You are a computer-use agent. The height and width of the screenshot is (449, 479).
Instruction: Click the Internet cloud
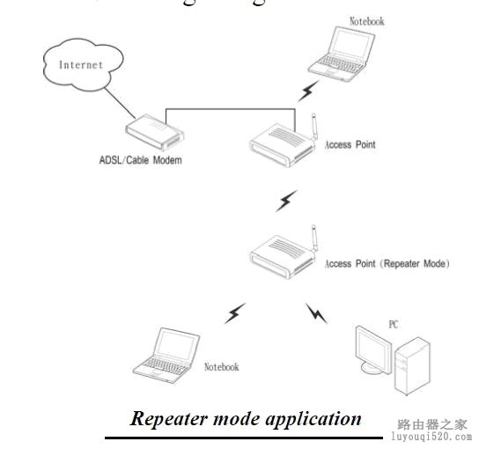pos(81,66)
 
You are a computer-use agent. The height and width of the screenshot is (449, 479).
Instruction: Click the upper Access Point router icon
pos(280,144)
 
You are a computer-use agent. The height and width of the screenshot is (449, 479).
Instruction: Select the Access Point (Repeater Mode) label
pos(387,263)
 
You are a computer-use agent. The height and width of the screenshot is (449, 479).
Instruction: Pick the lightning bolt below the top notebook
pos(307,91)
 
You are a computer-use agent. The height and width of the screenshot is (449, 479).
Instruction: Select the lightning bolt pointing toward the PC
pos(316,313)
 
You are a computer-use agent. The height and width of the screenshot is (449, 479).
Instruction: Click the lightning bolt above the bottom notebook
pos(235,312)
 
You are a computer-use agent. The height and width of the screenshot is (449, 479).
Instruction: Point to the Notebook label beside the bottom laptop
pos(221,367)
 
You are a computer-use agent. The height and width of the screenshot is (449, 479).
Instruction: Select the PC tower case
pos(411,363)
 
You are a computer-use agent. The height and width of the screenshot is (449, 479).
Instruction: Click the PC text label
pos(393,325)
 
